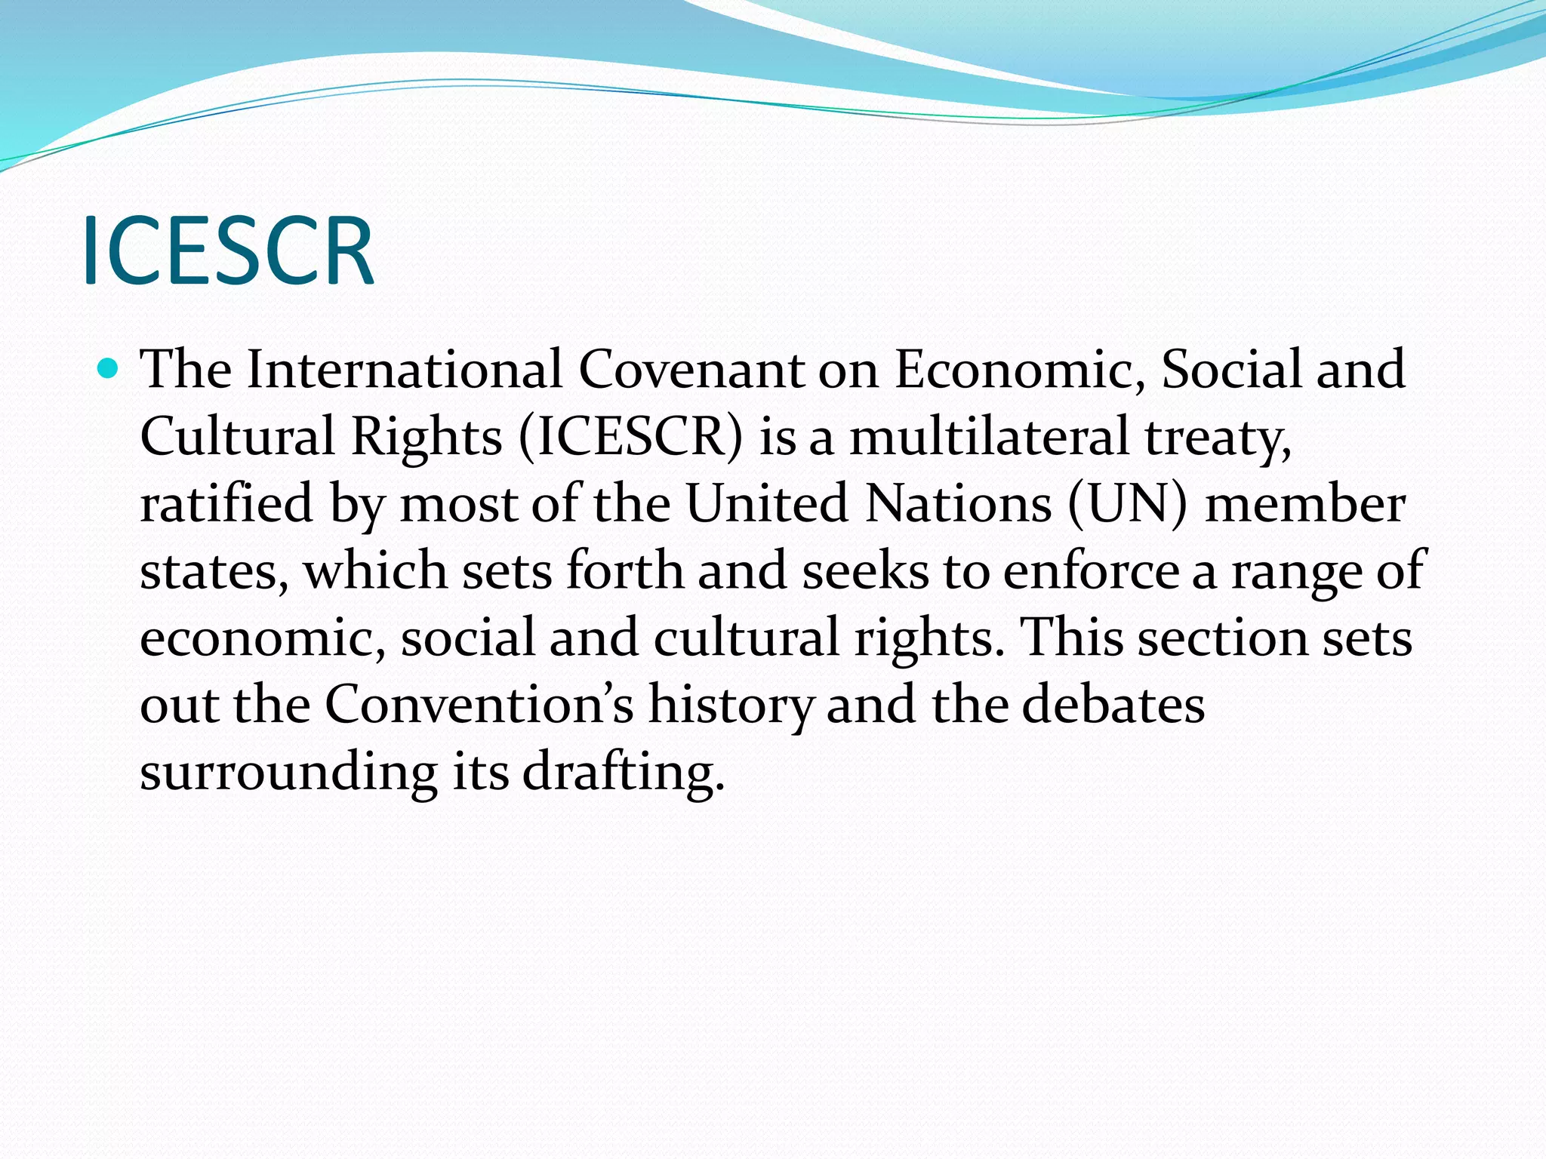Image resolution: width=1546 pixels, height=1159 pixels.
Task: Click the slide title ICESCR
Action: [x=227, y=251]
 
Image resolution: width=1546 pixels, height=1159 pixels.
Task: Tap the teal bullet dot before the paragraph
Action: [x=109, y=369]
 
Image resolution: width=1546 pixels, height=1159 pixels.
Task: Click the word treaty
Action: [x=1217, y=438]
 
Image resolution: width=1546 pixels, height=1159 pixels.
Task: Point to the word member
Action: [x=1305, y=503]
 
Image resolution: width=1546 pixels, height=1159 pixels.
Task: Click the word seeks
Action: [x=865, y=570]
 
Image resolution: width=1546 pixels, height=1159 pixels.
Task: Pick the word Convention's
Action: [x=479, y=705]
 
